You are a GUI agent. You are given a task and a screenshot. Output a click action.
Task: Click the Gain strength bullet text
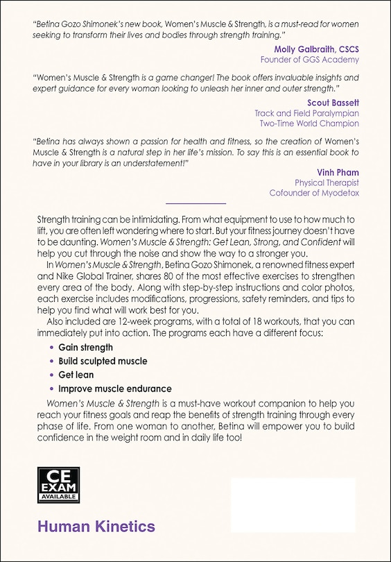point(85,348)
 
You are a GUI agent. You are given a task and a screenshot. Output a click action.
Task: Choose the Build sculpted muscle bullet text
point(103,361)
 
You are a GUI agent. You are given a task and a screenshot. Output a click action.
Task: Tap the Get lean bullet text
point(76,375)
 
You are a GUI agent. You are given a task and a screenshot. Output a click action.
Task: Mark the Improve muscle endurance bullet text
point(114,389)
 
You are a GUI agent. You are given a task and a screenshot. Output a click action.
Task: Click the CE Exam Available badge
point(58,484)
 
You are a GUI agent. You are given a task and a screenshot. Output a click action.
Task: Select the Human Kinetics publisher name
point(96,527)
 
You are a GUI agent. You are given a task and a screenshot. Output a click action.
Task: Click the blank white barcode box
point(292,504)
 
